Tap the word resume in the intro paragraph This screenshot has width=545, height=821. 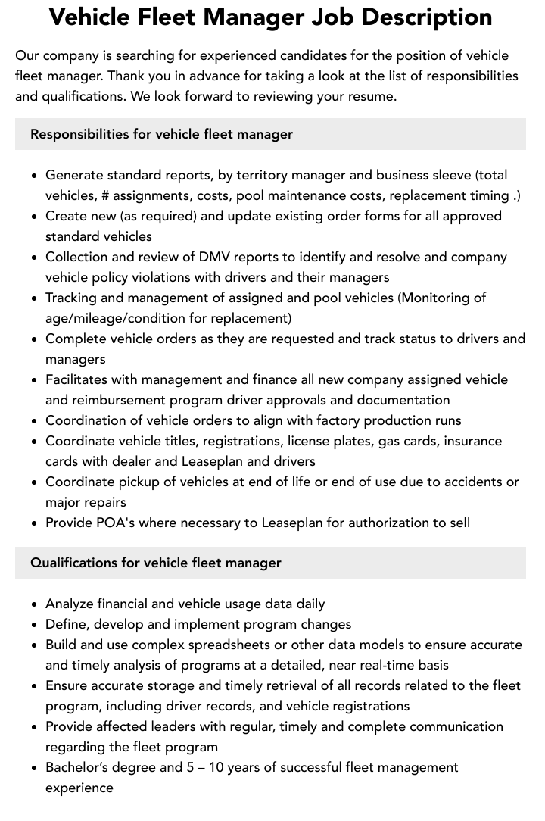click(369, 96)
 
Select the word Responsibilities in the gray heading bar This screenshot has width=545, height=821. click(79, 134)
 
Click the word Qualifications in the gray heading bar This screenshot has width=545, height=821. click(72, 563)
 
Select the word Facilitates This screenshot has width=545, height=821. click(79, 379)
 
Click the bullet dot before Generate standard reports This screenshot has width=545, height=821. click(34, 176)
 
